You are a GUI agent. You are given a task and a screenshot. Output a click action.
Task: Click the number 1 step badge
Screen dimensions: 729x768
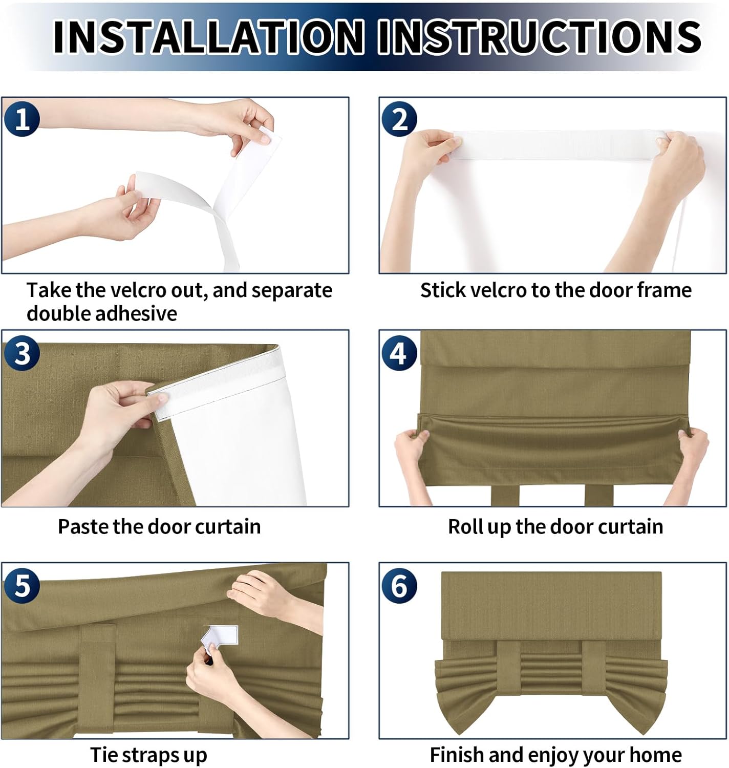pyautogui.click(x=22, y=119)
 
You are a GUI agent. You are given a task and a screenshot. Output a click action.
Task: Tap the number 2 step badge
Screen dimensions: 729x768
pyautogui.click(x=399, y=119)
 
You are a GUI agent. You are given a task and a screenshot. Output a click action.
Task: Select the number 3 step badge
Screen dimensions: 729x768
pyautogui.click(x=22, y=353)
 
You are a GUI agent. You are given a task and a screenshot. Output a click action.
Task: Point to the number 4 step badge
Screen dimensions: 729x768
pyautogui.click(x=399, y=353)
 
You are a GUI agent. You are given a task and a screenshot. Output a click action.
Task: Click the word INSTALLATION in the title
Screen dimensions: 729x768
pyautogui.click(x=208, y=37)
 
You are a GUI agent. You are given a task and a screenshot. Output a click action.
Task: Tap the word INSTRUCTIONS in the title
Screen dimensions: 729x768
pyautogui.click(x=540, y=37)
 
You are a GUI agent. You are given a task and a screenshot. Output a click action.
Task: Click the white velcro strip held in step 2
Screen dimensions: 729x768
pyautogui.click(x=559, y=145)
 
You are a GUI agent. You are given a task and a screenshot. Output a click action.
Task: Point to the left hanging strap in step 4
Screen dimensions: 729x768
pyautogui.click(x=505, y=495)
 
